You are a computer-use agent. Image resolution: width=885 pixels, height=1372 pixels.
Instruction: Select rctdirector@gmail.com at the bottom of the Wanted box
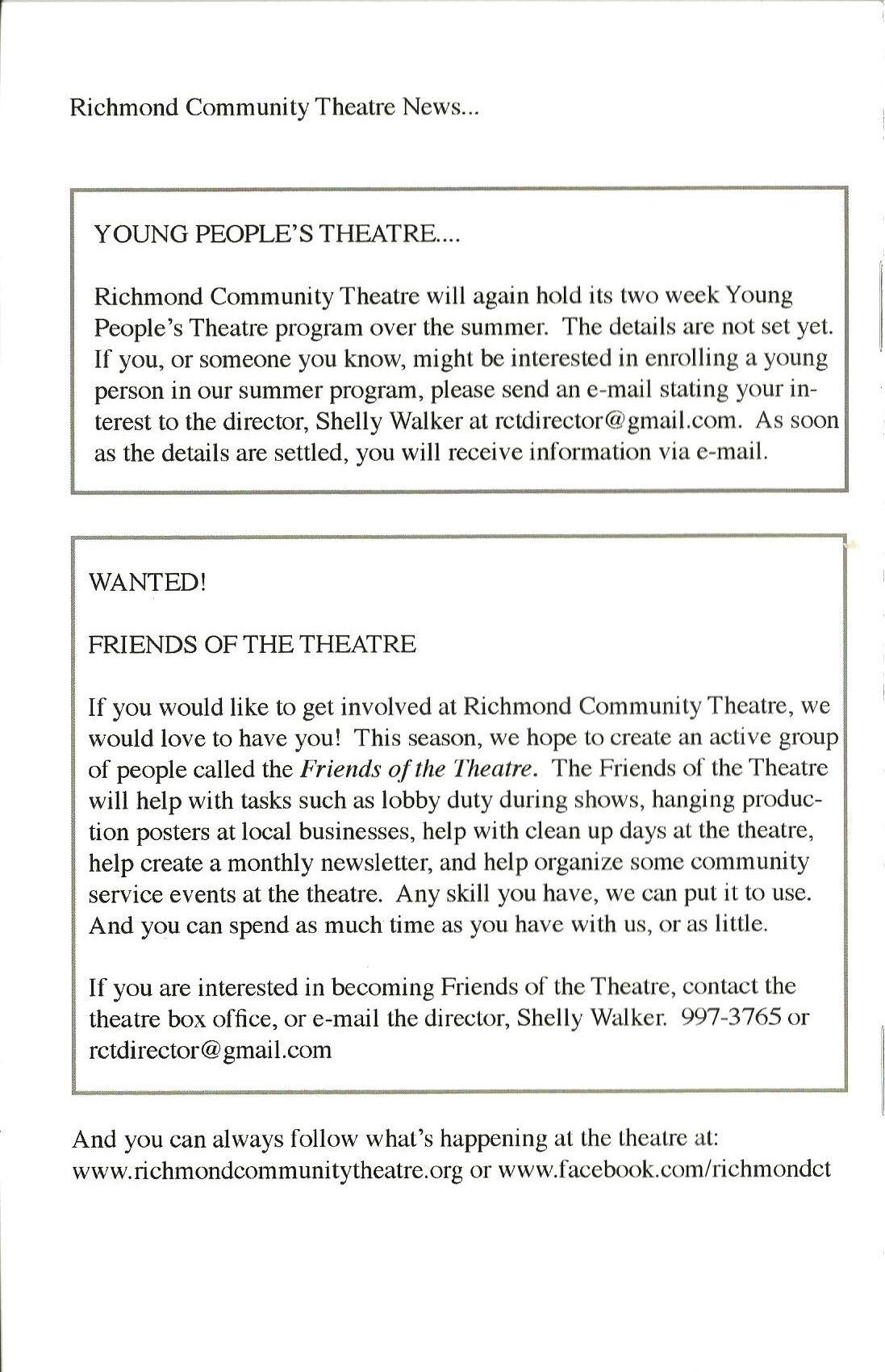pos(210,1049)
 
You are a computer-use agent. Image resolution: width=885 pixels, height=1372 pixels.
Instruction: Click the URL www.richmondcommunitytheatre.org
pos(267,1171)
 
